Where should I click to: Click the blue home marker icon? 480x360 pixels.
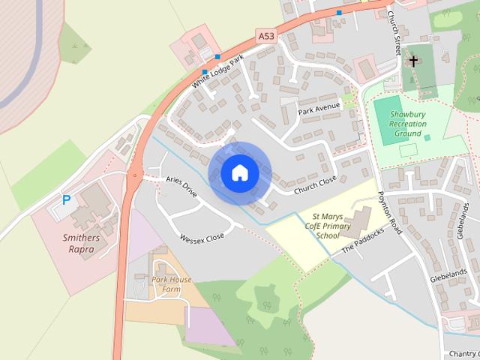point(239,173)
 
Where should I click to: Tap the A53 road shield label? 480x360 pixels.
point(266,35)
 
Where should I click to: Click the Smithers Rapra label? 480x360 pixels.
point(80,244)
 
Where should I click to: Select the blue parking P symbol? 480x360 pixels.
point(66,200)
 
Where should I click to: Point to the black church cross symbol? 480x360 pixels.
point(413,60)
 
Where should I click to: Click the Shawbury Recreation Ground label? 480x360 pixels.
point(408,124)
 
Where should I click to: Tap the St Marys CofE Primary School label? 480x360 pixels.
point(328,225)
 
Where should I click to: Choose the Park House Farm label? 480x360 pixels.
point(171,284)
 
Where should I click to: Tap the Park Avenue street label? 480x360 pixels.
point(319,108)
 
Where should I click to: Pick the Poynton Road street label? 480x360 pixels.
point(390,212)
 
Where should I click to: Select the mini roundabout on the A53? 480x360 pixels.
point(134,177)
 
